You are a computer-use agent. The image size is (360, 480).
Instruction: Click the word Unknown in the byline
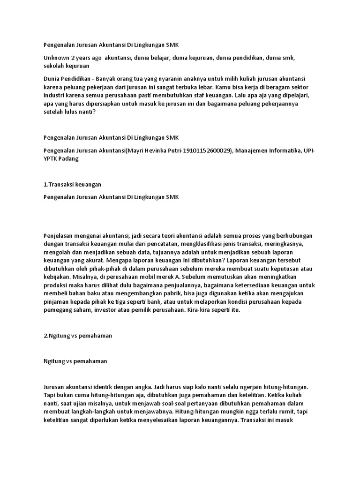point(56,58)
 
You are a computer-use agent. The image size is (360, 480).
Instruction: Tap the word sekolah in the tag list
point(53,66)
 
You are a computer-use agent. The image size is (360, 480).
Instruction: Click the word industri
point(53,95)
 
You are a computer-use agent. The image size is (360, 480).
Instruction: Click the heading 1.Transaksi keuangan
point(72,185)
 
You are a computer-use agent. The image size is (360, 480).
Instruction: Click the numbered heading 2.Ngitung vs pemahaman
point(77,336)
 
